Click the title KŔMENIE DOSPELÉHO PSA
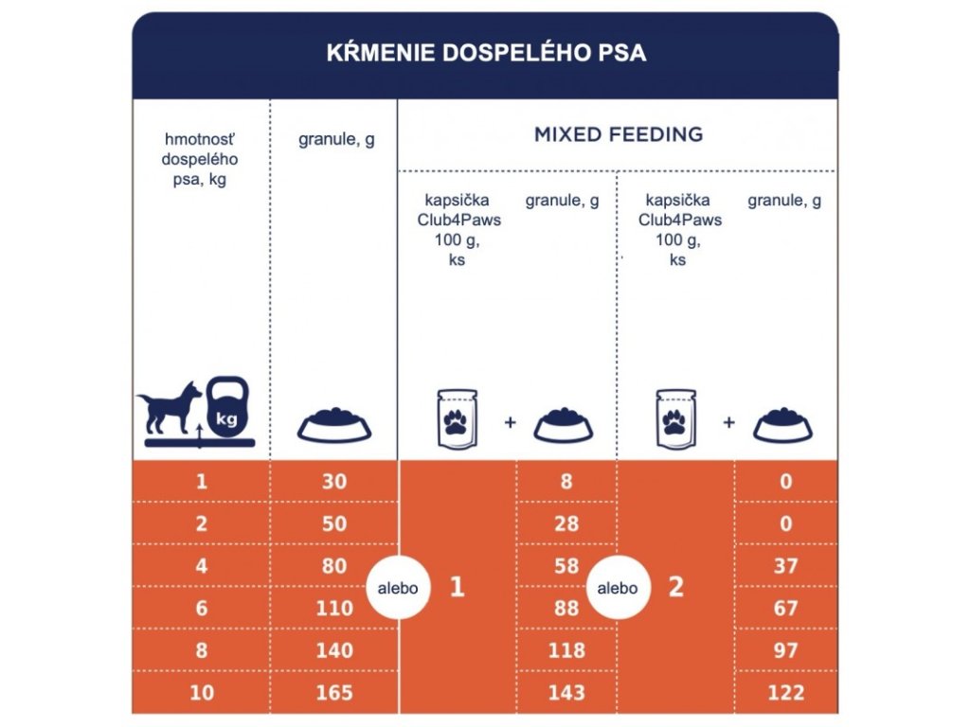point(485,52)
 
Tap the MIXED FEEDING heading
point(618,134)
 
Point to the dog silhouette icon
point(171,409)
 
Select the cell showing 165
point(334,692)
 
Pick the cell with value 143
point(566,692)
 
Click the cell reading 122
point(785,692)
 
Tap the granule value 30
point(334,481)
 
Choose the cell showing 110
point(334,608)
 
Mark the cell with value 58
point(566,566)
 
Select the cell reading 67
point(785,608)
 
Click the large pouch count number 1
point(457,588)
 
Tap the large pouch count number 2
point(675,588)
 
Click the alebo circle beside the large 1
point(398,588)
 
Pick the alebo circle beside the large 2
point(617,588)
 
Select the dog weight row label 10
point(201,692)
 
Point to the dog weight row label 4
point(201,566)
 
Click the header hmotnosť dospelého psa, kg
point(200,158)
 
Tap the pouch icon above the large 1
point(458,417)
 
